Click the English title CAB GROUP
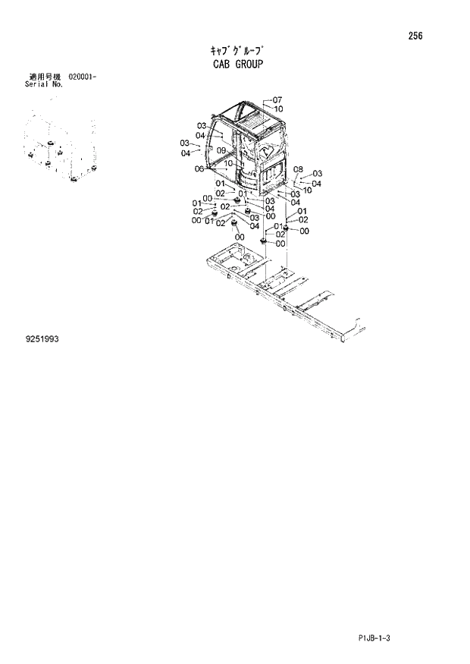click(237, 65)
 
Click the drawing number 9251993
click(42, 339)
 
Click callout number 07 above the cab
click(277, 100)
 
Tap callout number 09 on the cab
click(221, 151)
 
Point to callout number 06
click(199, 169)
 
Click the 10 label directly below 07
click(278, 109)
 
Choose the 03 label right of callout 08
click(318, 174)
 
